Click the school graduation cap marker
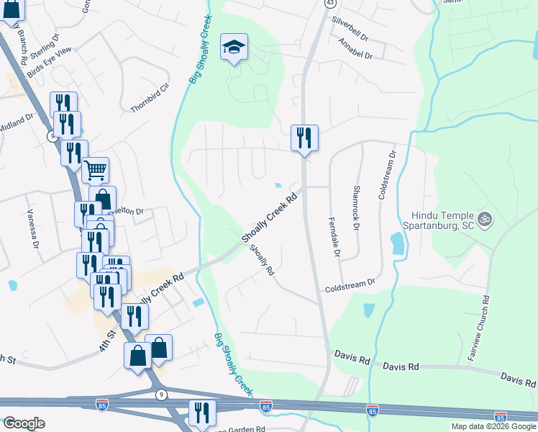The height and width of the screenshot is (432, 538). [x=234, y=48]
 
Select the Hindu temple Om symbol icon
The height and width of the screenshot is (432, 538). [x=485, y=216]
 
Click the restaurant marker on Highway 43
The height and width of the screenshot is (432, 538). [x=304, y=137]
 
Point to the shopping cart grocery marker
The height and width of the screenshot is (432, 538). [x=95, y=171]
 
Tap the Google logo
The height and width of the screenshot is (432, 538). [x=24, y=423]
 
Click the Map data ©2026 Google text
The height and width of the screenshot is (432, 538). [x=493, y=426]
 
